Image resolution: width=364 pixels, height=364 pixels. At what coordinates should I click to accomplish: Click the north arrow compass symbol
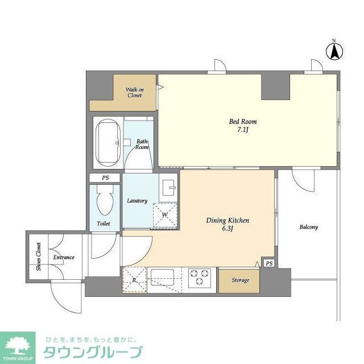tap(335, 51)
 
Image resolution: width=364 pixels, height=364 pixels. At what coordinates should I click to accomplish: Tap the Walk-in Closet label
tap(134, 92)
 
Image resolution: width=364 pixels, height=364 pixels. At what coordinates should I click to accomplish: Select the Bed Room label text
tap(243, 122)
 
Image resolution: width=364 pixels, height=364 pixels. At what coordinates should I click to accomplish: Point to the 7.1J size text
tap(243, 130)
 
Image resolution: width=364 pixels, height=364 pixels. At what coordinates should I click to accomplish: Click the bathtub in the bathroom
tap(107, 142)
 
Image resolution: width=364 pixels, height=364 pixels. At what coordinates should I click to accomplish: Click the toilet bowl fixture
tap(104, 203)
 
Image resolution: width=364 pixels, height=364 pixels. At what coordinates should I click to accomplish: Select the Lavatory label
tap(137, 201)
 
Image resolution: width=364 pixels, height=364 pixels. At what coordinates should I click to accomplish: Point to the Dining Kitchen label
tap(227, 220)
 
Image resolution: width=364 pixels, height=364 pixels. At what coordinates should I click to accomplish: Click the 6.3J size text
tap(227, 229)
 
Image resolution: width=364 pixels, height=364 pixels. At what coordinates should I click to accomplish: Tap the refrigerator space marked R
tap(134, 279)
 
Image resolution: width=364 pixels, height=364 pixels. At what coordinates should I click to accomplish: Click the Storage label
tap(240, 280)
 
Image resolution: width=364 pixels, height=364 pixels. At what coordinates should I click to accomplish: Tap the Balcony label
tap(308, 227)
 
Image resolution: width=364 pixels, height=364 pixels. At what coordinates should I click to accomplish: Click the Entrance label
tap(64, 258)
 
